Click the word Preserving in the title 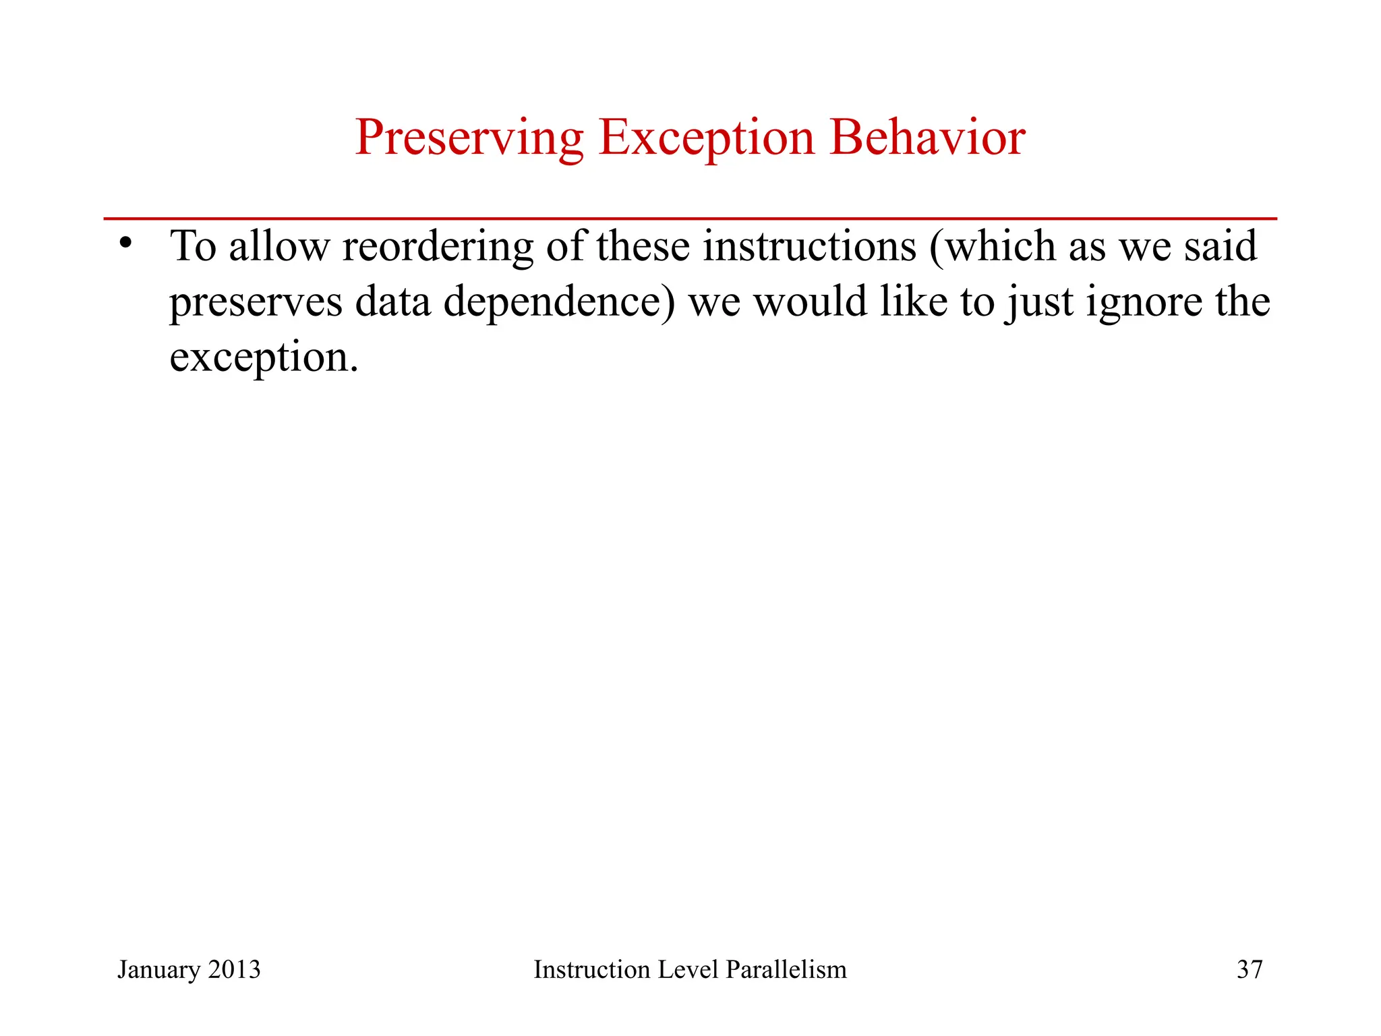pyautogui.click(x=469, y=138)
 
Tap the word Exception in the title pyautogui.click(x=706, y=138)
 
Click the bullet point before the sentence pyautogui.click(x=125, y=242)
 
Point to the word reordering pyautogui.click(x=438, y=247)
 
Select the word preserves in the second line pyautogui.click(x=256, y=302)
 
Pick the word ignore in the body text pyautogui.click(x=1144, y=302)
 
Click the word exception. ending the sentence pyautogui.click(x=264, y=357)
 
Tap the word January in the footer pyautogui.click(x=158, y=970)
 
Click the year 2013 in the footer pyautogui.click(x=234, y=970)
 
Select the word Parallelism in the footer pyautogui.click(x=786, y=970)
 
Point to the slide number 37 pyautogui.click(x=1249, y=970)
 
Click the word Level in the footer pyautogui.click(x=688, y=970)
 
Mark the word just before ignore pyautogui.click(x=1038, y=302)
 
